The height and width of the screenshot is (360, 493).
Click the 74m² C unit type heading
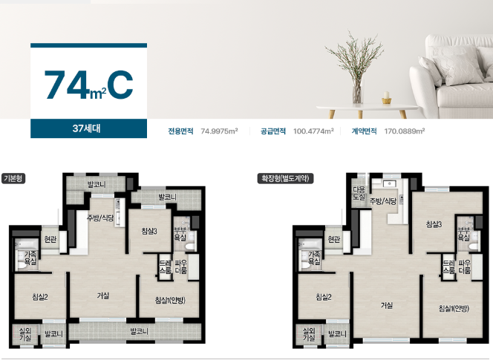point(88,85)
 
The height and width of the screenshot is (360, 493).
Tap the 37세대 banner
point(88,128)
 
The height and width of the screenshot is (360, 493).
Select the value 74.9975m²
point(219,131)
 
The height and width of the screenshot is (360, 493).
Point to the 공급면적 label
point(273,131)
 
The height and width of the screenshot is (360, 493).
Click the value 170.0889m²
point(405,131)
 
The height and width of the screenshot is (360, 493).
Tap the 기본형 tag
point(13,179)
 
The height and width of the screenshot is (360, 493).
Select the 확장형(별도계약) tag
point(286,179)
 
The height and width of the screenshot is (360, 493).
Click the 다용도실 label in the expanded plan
point(359,193)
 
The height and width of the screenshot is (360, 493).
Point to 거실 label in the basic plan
point(103,295)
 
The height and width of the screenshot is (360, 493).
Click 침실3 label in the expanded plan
point(434,224)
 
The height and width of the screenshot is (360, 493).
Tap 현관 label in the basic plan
point(50,240)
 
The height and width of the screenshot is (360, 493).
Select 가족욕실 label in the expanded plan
point(314,258)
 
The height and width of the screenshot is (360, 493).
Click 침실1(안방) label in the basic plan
point(170,300)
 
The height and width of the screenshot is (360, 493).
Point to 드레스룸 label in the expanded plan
point(448,266)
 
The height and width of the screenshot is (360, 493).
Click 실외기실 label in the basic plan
point(25,334)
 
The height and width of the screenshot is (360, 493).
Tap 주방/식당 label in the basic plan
point(100,218)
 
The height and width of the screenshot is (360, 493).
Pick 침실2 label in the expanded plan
point(324,297)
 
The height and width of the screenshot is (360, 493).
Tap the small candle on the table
point(387,97)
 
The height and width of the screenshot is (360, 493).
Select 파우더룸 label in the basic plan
point(180,266)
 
